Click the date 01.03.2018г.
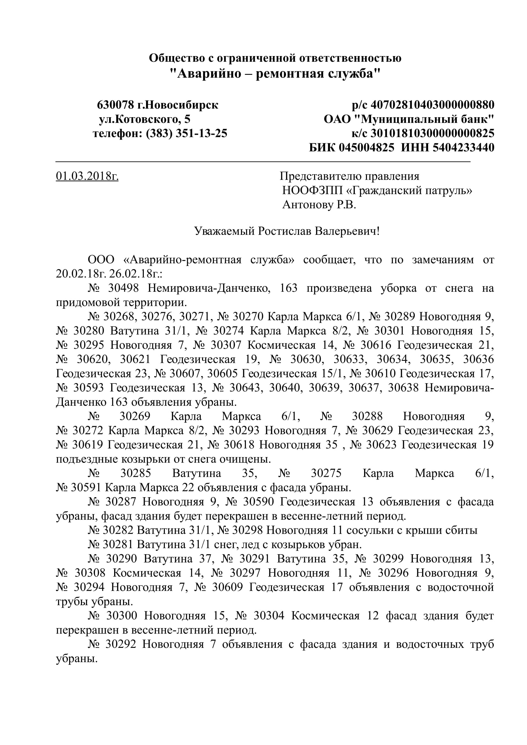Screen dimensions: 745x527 click(x=87, y=176)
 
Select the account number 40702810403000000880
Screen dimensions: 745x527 click(x=432, y=105)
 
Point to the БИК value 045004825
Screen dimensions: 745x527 click(x=367, y=148)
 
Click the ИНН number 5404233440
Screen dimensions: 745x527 click(x=463, y=148)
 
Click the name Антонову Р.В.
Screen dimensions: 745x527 click(x=319, y=205)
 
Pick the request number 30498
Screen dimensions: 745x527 click(x=123, y=288)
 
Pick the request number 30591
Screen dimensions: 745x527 click(x=86, y=488)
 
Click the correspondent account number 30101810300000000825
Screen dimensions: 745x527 click(x=432, y=133)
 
